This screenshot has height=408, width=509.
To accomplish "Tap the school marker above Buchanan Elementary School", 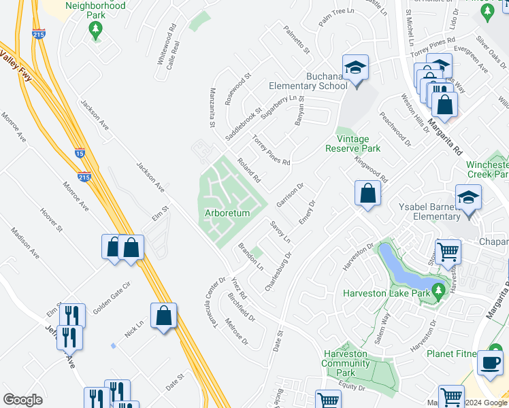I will click(355, 69).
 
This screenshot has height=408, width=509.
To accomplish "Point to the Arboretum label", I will click(227, 213).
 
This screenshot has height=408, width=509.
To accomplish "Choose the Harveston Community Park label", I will click(346, 363).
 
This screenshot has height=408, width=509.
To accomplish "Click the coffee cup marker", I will click(489, 362).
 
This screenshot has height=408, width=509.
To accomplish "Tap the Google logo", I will click(23, 400).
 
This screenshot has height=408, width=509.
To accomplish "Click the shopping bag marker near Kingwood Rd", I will click(367, 193).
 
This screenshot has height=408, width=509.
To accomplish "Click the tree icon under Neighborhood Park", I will click(96, 29).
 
